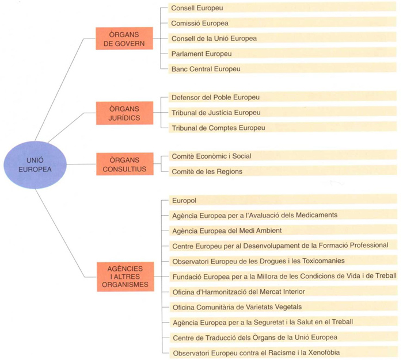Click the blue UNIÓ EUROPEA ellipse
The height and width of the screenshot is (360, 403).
point(35,165)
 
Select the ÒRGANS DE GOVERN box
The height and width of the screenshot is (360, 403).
point(124,39)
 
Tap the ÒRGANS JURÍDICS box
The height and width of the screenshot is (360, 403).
point(125,113)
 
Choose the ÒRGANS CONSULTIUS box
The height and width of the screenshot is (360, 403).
point(125,164)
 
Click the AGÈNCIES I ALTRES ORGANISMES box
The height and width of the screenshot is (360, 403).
point(126,277)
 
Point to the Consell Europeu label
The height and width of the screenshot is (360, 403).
point(197,8)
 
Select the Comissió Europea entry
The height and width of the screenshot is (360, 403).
point(200,24)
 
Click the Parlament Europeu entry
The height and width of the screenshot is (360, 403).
point(201,54)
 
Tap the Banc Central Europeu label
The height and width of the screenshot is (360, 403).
point(206,69)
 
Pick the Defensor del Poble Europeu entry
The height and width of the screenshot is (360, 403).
point(216,97)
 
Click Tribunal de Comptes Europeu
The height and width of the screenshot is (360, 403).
point(218,128)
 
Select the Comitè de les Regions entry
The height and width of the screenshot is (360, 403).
point(207,171)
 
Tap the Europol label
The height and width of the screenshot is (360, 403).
point(184,201)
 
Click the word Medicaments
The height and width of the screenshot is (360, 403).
point(317,215)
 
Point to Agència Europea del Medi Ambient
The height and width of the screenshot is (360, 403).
point(227,231)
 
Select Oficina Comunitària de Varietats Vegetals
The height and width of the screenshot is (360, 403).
point(237,307)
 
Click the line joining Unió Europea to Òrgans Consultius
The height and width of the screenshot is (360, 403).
point(81,164)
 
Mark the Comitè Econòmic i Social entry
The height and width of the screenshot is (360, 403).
point(211,156)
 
